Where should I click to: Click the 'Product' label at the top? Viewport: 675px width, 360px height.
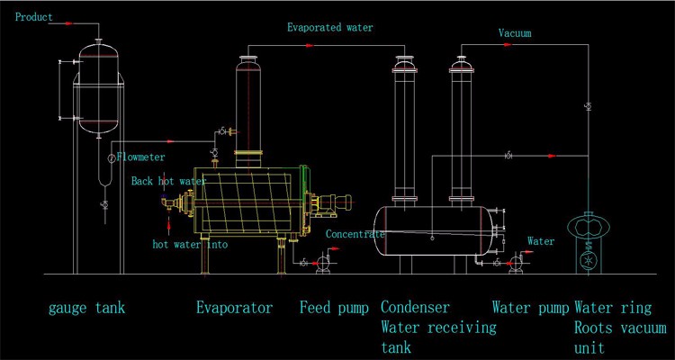[x=34, y=17]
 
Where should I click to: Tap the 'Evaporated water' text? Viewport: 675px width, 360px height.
[x=330, y=27]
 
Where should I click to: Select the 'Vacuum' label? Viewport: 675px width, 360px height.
[x=515, y=33]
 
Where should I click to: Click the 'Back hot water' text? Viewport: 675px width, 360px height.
[x=168, y=181]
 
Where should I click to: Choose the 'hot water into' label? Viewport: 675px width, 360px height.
[x=190, y=244]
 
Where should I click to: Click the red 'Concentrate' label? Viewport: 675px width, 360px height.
[x=355, y=234]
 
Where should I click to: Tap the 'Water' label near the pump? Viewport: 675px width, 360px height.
[x=540, y=241]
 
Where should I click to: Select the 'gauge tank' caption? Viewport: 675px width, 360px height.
[x=86, y=308]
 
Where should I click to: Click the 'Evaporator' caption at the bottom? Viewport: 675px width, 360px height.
[x=234, y=308]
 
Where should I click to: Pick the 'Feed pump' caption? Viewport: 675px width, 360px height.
[x=334, y=308]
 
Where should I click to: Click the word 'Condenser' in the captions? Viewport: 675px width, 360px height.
[x=416, y=308]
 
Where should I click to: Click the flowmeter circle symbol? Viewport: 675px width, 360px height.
[x=111, y=158]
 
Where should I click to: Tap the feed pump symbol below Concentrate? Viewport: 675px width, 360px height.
[x=323, y=262]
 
